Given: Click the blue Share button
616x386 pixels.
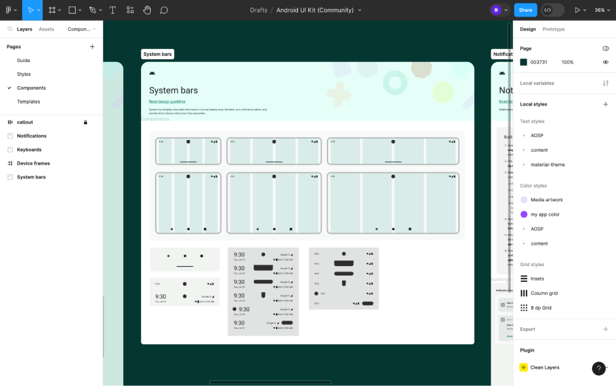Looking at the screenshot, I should [525, 10].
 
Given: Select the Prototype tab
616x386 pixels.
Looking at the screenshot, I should [553, 29].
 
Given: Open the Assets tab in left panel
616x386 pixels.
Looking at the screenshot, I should [46, 29].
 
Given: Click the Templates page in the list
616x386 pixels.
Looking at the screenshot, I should [28, 101].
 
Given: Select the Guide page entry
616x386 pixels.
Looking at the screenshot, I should [23, 61].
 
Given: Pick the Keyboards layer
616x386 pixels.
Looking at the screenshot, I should [29, 150].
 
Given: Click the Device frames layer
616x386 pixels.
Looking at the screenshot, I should [33, 163].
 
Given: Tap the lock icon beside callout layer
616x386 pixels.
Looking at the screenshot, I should [85, 122].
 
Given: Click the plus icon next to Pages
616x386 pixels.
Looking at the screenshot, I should [92, 47].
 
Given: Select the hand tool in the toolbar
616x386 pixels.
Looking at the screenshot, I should [147, 10].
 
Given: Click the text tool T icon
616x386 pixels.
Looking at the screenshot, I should [112, 10].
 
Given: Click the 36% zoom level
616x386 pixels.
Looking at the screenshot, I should [599, 10].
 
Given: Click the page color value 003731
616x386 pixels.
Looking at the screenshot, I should [538, 62].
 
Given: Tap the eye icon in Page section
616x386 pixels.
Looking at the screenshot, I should [606, 62].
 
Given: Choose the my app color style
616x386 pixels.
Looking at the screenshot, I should [544, 214].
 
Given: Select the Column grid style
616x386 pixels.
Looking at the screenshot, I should [544, 293].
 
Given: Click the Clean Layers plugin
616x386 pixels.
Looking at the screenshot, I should [544, 367].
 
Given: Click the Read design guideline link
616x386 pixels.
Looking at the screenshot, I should [167, 101].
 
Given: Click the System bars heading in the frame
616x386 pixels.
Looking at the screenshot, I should [173, 90].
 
